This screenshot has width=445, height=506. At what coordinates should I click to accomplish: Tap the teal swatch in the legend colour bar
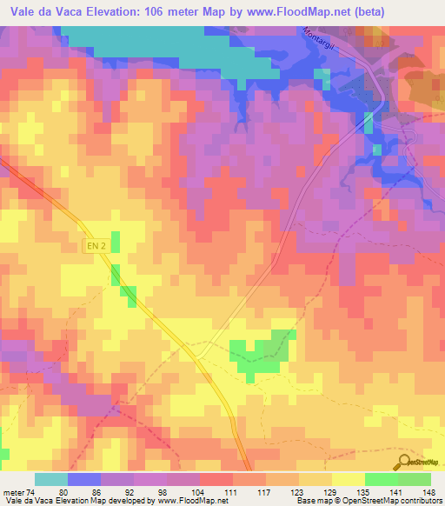pos(51,479)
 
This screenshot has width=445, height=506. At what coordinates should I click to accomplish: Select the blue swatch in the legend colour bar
pos(84,479)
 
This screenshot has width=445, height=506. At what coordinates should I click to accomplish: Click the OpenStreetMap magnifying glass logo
pos(403,461)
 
